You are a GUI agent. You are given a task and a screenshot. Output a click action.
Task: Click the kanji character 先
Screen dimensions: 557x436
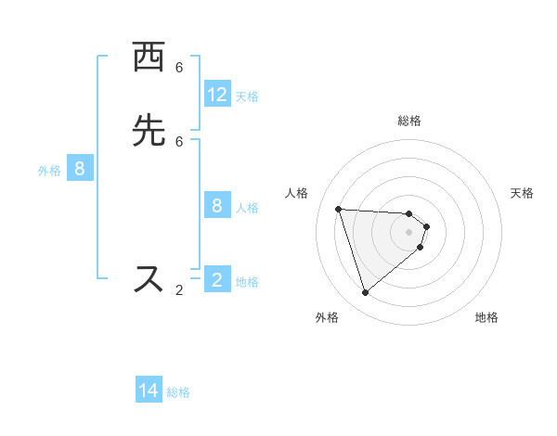[x=149, y=133]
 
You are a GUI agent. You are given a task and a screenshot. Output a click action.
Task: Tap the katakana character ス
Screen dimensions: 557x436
[x=149, y=278]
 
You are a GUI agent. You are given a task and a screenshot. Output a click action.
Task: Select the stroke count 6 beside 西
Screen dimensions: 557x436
[x=179, y=68]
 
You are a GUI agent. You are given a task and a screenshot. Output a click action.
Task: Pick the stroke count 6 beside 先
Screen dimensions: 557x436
[x=179, y=141]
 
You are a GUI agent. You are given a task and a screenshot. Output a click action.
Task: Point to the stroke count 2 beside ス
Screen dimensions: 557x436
[x=179, y=290]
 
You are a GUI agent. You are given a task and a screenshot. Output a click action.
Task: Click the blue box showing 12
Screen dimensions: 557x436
[x=217, y=95]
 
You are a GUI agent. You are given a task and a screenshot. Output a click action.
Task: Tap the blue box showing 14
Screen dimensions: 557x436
[x=149, y=391]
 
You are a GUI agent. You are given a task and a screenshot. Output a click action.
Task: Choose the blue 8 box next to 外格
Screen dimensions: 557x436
[x=80, y=169]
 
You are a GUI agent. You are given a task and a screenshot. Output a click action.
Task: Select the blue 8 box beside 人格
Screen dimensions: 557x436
[x=217, y=206]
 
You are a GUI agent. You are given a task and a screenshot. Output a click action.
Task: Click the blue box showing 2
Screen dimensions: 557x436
[x=217, y=280]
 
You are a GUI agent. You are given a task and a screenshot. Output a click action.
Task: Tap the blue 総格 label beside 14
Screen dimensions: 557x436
[x=178, y=392]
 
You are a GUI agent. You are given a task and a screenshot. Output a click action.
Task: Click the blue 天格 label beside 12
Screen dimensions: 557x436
[x=247, y=96]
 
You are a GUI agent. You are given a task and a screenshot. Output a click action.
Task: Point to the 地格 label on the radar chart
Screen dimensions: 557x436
[x=486, y=317]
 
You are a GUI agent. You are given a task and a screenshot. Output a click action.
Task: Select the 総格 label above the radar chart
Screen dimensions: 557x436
[x=409, y=121]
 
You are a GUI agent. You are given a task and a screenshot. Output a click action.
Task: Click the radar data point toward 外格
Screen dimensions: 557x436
[x=365, y=293]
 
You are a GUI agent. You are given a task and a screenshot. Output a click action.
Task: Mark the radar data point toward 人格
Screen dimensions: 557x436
[x=339, y=209]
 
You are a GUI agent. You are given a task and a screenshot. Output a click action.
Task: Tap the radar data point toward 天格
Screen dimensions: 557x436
[x=426, y=226]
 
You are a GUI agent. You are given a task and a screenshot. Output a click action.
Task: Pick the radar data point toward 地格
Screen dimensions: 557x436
[x=421, y=247]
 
